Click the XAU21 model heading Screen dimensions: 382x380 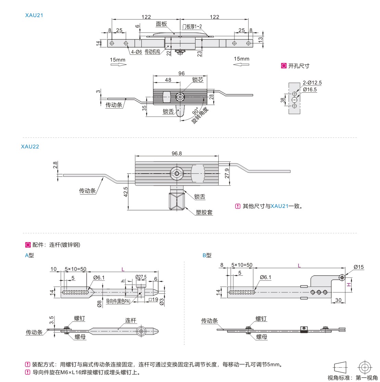[x=34, y=15]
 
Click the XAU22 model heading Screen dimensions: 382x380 [x=30, y=146]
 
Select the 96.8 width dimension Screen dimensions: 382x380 [x=177, y=154]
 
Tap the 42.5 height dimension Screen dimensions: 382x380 [x=126, y=192]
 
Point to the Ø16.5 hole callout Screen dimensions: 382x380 [x=310, y=90]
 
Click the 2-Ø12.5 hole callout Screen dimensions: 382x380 [x=312, y=83]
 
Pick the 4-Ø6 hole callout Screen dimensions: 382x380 [x=136, y=52]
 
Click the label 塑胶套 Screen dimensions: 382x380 [x=204, y=212]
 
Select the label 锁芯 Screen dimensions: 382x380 [x=198, y=79]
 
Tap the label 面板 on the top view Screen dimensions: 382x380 [x=161, y=24]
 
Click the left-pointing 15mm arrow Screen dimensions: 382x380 [x=241, y=64]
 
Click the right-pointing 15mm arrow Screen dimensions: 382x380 [x=118, y=65]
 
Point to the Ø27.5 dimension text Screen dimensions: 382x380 [x=141, y=277]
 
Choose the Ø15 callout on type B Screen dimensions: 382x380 [x=359, y=267]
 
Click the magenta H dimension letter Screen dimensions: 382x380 [x=349, y=285]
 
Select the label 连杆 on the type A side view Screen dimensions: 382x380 [x=131, y=320]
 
